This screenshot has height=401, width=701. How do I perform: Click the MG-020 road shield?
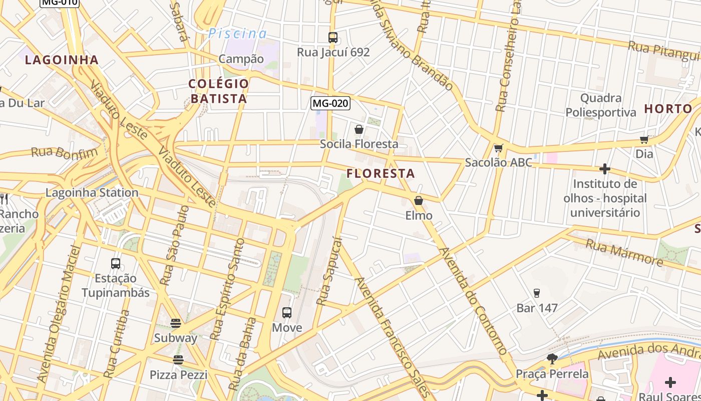click(330, 103)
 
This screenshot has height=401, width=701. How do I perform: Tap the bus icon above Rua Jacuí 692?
click(333, 37)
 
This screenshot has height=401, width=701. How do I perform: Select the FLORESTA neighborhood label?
click(381, 173)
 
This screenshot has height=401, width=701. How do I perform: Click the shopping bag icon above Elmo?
click(419, 200)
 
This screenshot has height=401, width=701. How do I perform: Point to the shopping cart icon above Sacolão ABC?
click(498, 148)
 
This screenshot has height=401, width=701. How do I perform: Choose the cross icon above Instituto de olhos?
click(605, 169)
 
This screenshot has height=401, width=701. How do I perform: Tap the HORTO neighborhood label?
click(668, 109)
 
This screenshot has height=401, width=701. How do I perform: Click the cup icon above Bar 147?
click(537, 293)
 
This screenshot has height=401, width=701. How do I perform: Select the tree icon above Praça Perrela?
click(552, 358)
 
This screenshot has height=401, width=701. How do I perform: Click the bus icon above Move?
click(287, 313)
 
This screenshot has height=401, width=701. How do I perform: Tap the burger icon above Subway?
click(175, 323)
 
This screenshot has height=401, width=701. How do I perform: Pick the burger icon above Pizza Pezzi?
click(178, 359)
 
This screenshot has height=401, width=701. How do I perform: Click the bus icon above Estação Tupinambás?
click(116, 263)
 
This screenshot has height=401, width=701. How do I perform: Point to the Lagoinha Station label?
click(92, 192)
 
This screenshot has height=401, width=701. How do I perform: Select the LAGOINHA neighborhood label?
click(62, 60)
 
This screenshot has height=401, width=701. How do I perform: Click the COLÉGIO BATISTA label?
click(219, 91)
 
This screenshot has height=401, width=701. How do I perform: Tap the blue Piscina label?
click(238, 34)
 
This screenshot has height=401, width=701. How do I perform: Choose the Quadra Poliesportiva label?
click(601, 105)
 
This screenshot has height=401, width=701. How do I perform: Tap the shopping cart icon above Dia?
click(644, 139)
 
